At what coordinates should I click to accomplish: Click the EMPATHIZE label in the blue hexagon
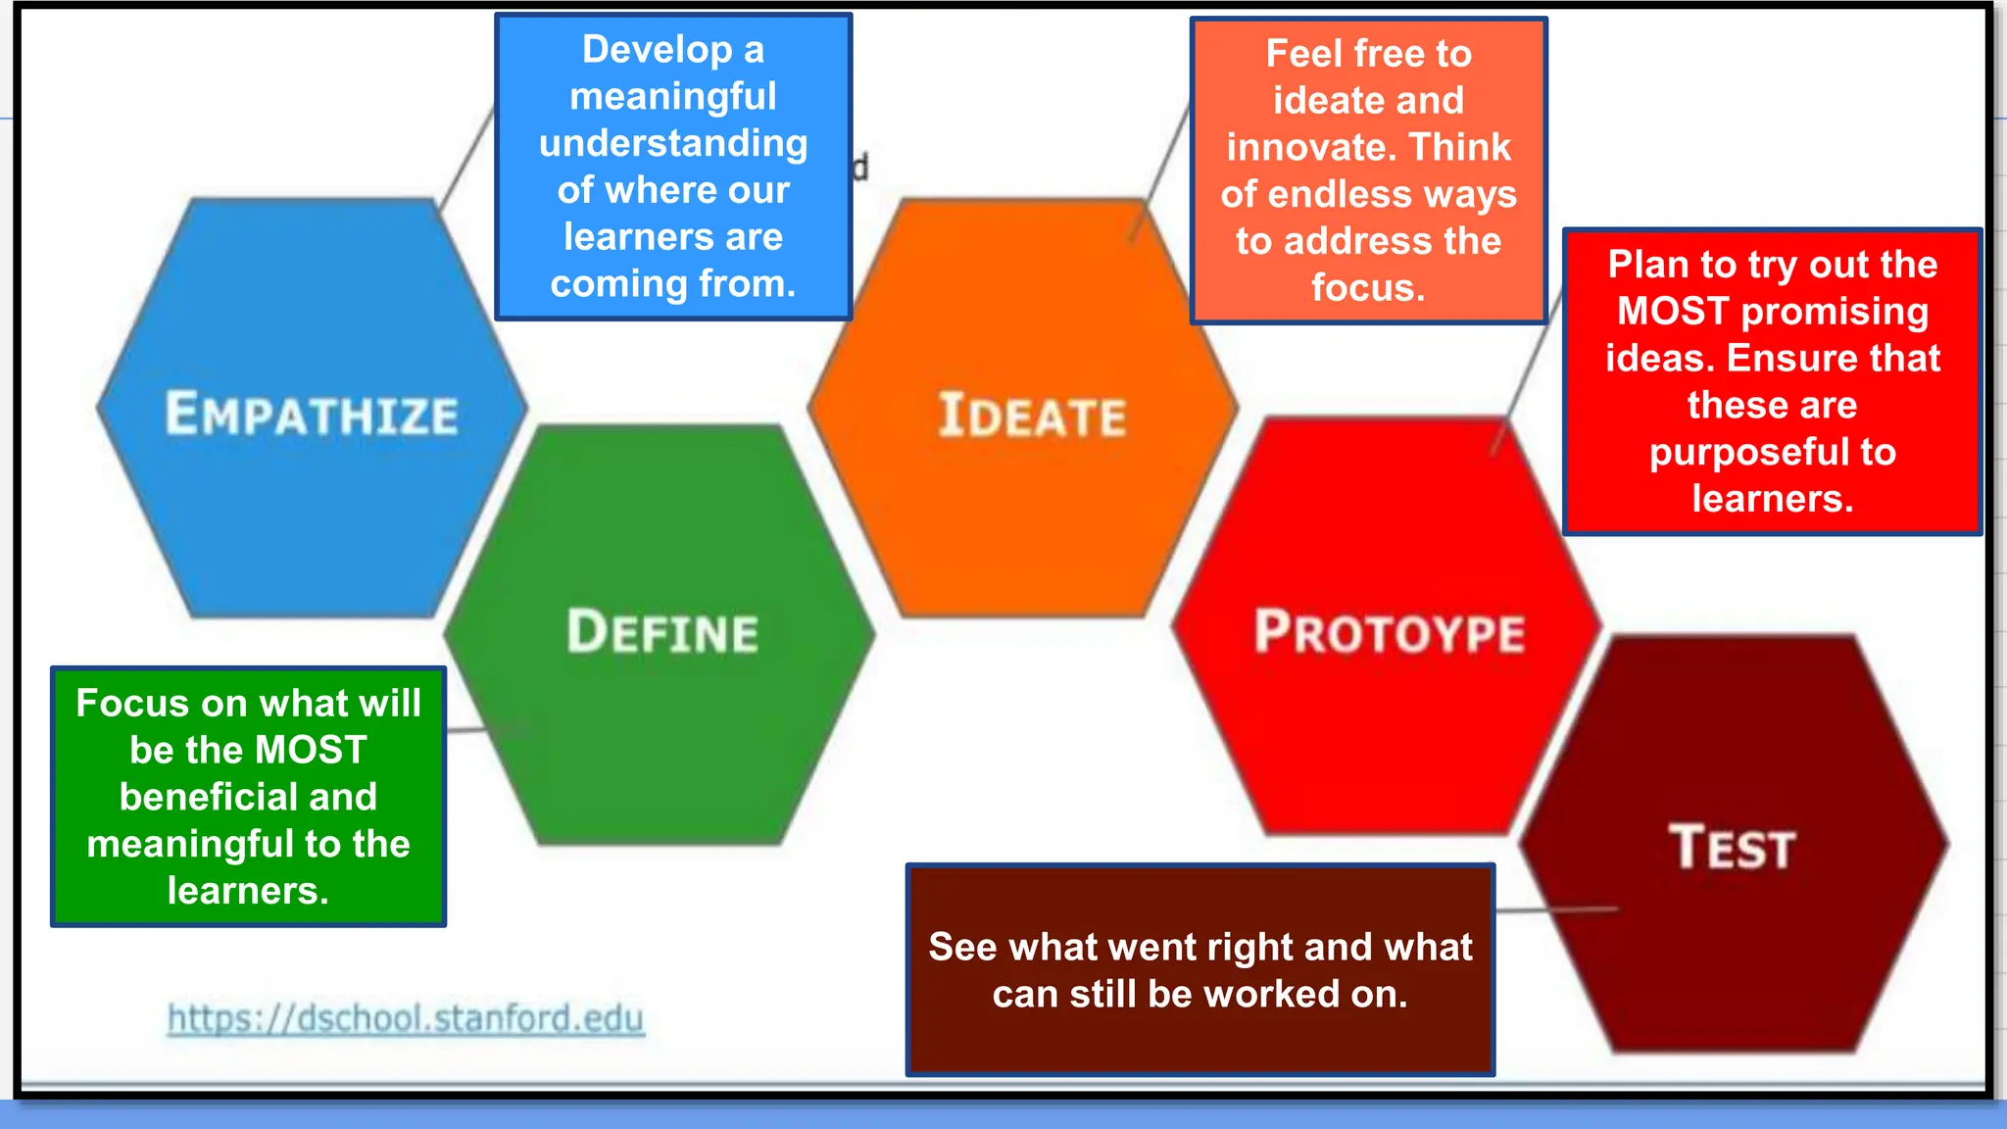(x=312, y=414)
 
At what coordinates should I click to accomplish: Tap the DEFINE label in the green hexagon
(x=662, y=631)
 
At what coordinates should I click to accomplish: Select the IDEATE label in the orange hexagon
(x=1032, y=416)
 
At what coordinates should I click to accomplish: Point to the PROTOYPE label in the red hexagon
(x=1390, y=631)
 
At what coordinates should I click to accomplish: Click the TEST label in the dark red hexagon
(x=1732, y=848)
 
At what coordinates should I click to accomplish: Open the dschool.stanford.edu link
(x=406, y=1018)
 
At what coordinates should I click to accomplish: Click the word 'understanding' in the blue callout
(x=673, y=143)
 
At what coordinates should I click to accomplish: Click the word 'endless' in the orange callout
(x=1336, y=194)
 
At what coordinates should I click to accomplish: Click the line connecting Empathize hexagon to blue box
(x=466, y=157)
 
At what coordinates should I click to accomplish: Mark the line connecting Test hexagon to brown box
(x=1556, y=910)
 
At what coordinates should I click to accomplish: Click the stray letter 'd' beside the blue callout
(x=860, y=168)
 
